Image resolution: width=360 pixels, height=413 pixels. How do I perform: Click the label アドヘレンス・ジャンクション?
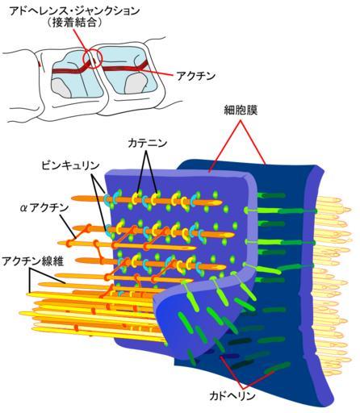tap(75, 11)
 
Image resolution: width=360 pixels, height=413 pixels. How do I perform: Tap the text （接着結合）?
tap(74, 23)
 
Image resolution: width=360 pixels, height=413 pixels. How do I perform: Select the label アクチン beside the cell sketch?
tap(195, 76)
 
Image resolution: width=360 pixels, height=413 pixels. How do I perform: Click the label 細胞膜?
tap(241, 111)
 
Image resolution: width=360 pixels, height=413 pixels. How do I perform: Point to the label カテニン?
tap(147, 144)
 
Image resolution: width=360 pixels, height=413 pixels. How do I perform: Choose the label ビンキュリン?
tap(70, 165)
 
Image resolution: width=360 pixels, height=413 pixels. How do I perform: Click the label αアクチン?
tap(44, 208)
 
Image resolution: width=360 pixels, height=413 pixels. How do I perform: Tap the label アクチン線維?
tap(33, 261)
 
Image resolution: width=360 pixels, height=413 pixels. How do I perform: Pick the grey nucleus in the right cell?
tap(136, 84)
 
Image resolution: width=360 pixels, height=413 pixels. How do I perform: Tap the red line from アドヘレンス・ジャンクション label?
tap(82, 43)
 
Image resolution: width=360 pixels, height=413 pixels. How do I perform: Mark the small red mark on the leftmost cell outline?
tap(40, 65)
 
